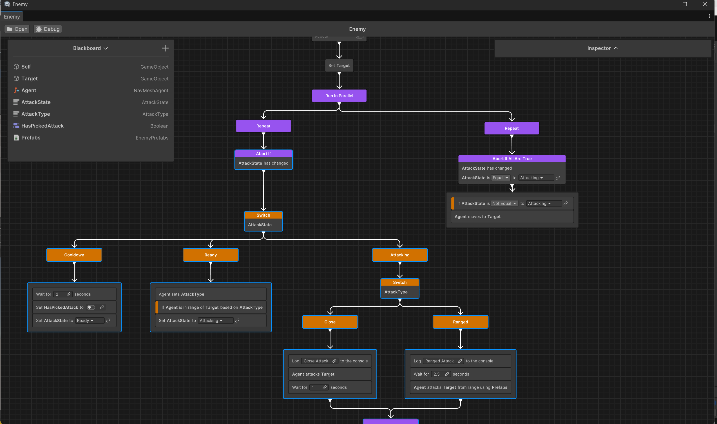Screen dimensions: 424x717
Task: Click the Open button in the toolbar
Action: tap(17, 29)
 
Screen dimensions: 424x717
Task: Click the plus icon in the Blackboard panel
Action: tap(165, 48)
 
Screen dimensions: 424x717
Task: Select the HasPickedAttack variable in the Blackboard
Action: tap(42, 126)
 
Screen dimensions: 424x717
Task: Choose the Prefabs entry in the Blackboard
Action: tap(31, 138)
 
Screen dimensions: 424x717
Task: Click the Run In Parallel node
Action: tap(339, 96)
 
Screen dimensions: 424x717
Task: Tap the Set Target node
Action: tap(339, 66)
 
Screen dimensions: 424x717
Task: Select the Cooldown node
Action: tap(74, 255)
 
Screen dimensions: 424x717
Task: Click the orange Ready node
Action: tap(210, 255)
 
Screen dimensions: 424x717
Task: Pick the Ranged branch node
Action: tap(460, 322)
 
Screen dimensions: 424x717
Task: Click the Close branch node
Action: tap(330, 322)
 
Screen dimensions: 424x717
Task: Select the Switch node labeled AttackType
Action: tap(400, 289)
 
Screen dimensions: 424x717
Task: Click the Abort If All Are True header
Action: tap(512, 159)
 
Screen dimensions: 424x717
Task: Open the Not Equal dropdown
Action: tap(504, 204)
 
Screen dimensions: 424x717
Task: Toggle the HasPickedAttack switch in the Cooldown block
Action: tap(91, 308)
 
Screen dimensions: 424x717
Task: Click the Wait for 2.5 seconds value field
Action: tap(437, 374)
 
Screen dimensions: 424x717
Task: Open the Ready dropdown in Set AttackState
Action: tap(85, 321)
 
